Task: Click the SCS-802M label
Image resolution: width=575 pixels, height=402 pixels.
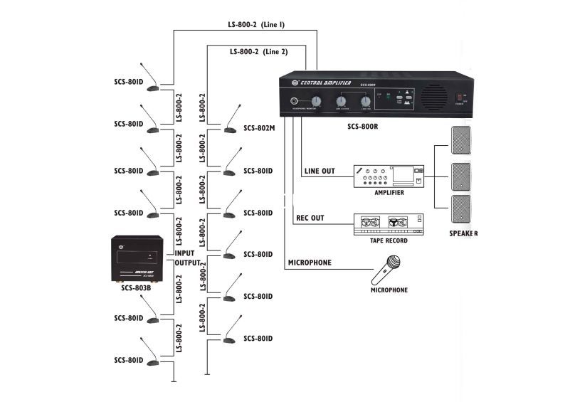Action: [259, 128]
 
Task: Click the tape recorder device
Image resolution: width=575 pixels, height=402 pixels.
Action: [389, 224]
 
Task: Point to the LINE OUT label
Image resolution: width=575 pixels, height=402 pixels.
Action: [319, 171]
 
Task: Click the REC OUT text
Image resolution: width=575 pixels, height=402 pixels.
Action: [310, 218]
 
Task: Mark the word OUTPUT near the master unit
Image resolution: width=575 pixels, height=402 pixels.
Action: [186, 263]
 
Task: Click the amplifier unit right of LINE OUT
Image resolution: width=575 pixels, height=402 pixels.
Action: [389, 176]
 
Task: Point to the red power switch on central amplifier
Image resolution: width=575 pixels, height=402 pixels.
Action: [459, 95]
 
